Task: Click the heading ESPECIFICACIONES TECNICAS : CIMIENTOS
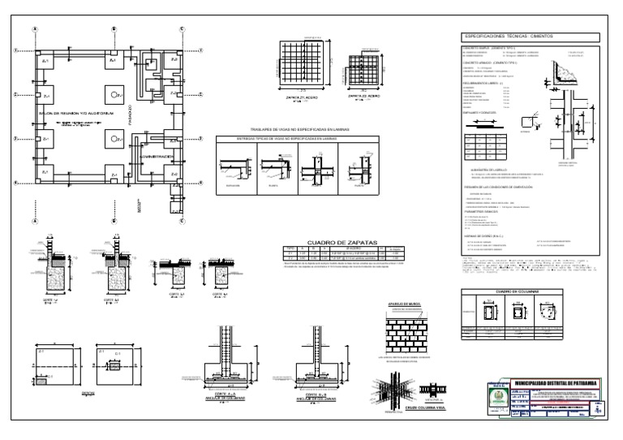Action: [x=515, y=37]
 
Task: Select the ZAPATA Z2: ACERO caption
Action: [x=365, y=95]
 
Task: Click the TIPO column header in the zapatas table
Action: [x=290, y=248]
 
